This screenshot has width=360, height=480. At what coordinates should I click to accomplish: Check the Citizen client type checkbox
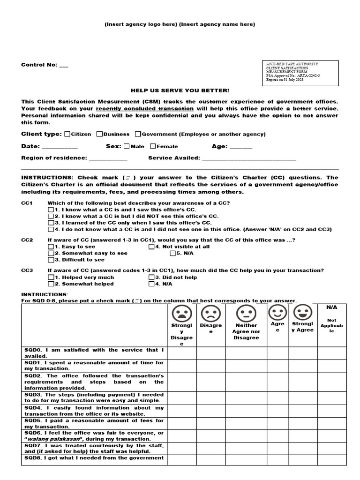pos(67,134)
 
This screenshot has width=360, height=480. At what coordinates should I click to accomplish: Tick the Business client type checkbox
pos(100,134)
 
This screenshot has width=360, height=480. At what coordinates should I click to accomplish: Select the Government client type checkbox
pos(138,134)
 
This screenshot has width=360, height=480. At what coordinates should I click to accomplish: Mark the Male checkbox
pos(127,146)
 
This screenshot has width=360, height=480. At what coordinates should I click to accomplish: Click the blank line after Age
pos(241,147)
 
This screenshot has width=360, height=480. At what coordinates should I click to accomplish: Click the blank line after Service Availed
pos(249,159)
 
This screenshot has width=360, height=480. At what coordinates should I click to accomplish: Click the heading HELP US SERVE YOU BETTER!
pos(180,90)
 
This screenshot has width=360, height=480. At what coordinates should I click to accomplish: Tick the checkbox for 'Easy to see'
pos(51,247)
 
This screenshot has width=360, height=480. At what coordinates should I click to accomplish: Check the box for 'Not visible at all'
pos(151,247)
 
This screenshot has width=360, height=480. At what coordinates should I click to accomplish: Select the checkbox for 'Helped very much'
pos(51,277)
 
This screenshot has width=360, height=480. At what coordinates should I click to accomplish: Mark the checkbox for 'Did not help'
pos(151,277)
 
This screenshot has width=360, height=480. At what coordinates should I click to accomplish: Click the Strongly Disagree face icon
pos(181,313)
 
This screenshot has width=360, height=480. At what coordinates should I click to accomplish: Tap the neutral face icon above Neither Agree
pos(245,313)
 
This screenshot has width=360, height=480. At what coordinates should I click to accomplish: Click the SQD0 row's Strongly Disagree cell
pos(181,353)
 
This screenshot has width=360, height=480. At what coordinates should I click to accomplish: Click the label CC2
pos(27,240)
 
